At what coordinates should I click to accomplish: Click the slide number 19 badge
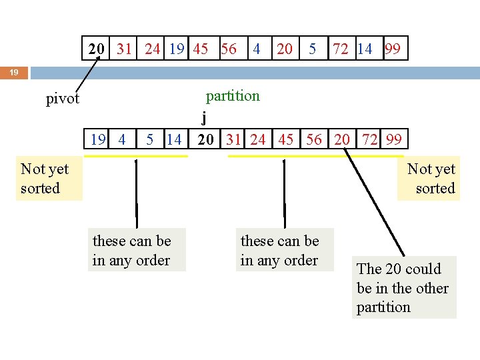pyautogui.click(x=13, y=72)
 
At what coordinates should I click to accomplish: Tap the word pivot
pyautogui.click(x=63, y=99)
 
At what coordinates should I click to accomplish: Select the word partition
pyautogui.click(x=233, y=96)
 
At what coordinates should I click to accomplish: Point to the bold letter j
pyautogui.click(x=204, y=119)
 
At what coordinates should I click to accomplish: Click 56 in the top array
pyautogui.click(x=229, y=49)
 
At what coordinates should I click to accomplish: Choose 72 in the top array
pyautogui.click(x=341, y=49)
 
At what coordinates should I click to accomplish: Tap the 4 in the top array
pyautogui.click(x=256, y=49)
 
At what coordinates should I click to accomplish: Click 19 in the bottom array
pyautogui.click(x=98, y=139)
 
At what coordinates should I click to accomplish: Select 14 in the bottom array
pyautogui.click(x=174, y=139)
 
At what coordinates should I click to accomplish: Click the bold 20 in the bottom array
pyautogui.click(x=206, y=139)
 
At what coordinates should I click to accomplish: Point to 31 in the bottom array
pyautogui.click(x=233, y=139)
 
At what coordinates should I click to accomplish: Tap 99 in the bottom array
pyautogui.click(x=393, y=139)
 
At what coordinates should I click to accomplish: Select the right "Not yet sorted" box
pyautogui.click(x=431, y=179)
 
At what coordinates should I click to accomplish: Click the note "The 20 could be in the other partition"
pyautogui.click(x=403, y=288)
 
